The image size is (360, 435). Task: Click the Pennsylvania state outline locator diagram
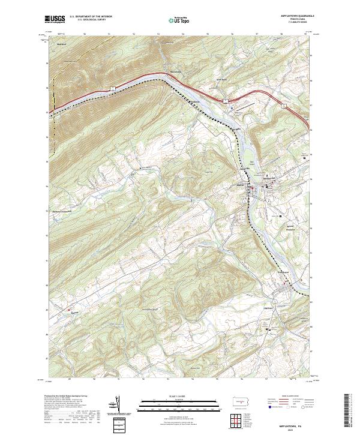click(239, 401)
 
